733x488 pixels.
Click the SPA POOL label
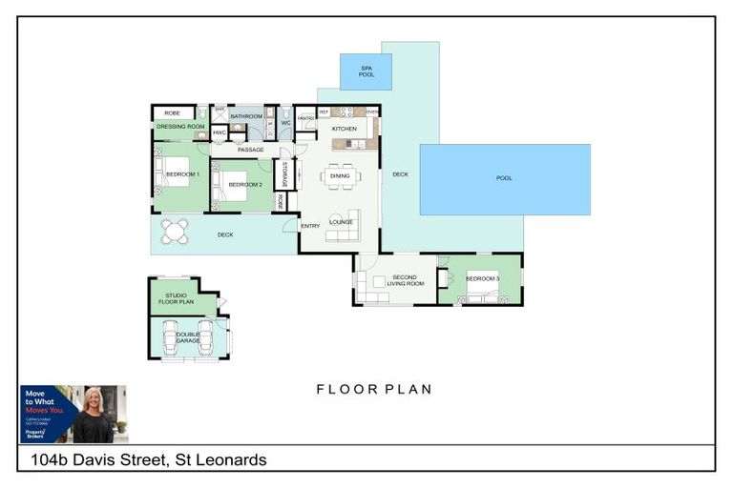pos(366,71)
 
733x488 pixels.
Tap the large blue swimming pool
pos(505,179)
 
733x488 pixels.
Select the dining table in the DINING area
pos(340,175)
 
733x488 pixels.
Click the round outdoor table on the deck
pos(174,232)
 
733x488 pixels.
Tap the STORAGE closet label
pos(284,174)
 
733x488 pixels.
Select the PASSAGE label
pos(251,150)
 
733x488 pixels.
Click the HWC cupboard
pos(219,132)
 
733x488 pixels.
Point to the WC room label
pos(284,123)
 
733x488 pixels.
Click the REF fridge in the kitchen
pos(324,112)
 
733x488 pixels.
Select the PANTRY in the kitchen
pos(305,118)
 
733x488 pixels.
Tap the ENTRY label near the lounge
pos(310,226)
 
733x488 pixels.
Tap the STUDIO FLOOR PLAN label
pos(176,299)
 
